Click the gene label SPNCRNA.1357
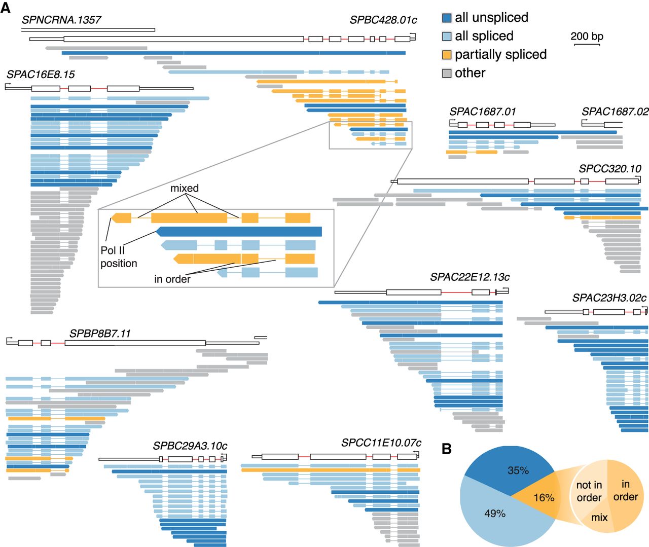(61, 20)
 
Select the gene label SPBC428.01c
(383, 20)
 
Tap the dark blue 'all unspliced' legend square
(447, 18)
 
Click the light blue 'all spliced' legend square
(447, 37)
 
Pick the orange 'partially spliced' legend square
(447, 55)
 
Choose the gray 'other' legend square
(447, 74)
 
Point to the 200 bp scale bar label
(587, 37)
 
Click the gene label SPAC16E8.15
(41, 75)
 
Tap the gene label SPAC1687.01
(483, 112)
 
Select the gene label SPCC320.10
(610, 169)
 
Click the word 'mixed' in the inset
(185, 189)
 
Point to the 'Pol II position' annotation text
(119, 257)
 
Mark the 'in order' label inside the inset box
(172, 279)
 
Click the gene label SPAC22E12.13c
(470, 277)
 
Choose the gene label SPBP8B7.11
(100, 334)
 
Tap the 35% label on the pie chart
(518, 470)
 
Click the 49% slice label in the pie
(495, 514)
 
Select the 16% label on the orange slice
(544, 498)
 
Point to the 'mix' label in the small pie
(599, 518)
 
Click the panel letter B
(447, 449)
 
